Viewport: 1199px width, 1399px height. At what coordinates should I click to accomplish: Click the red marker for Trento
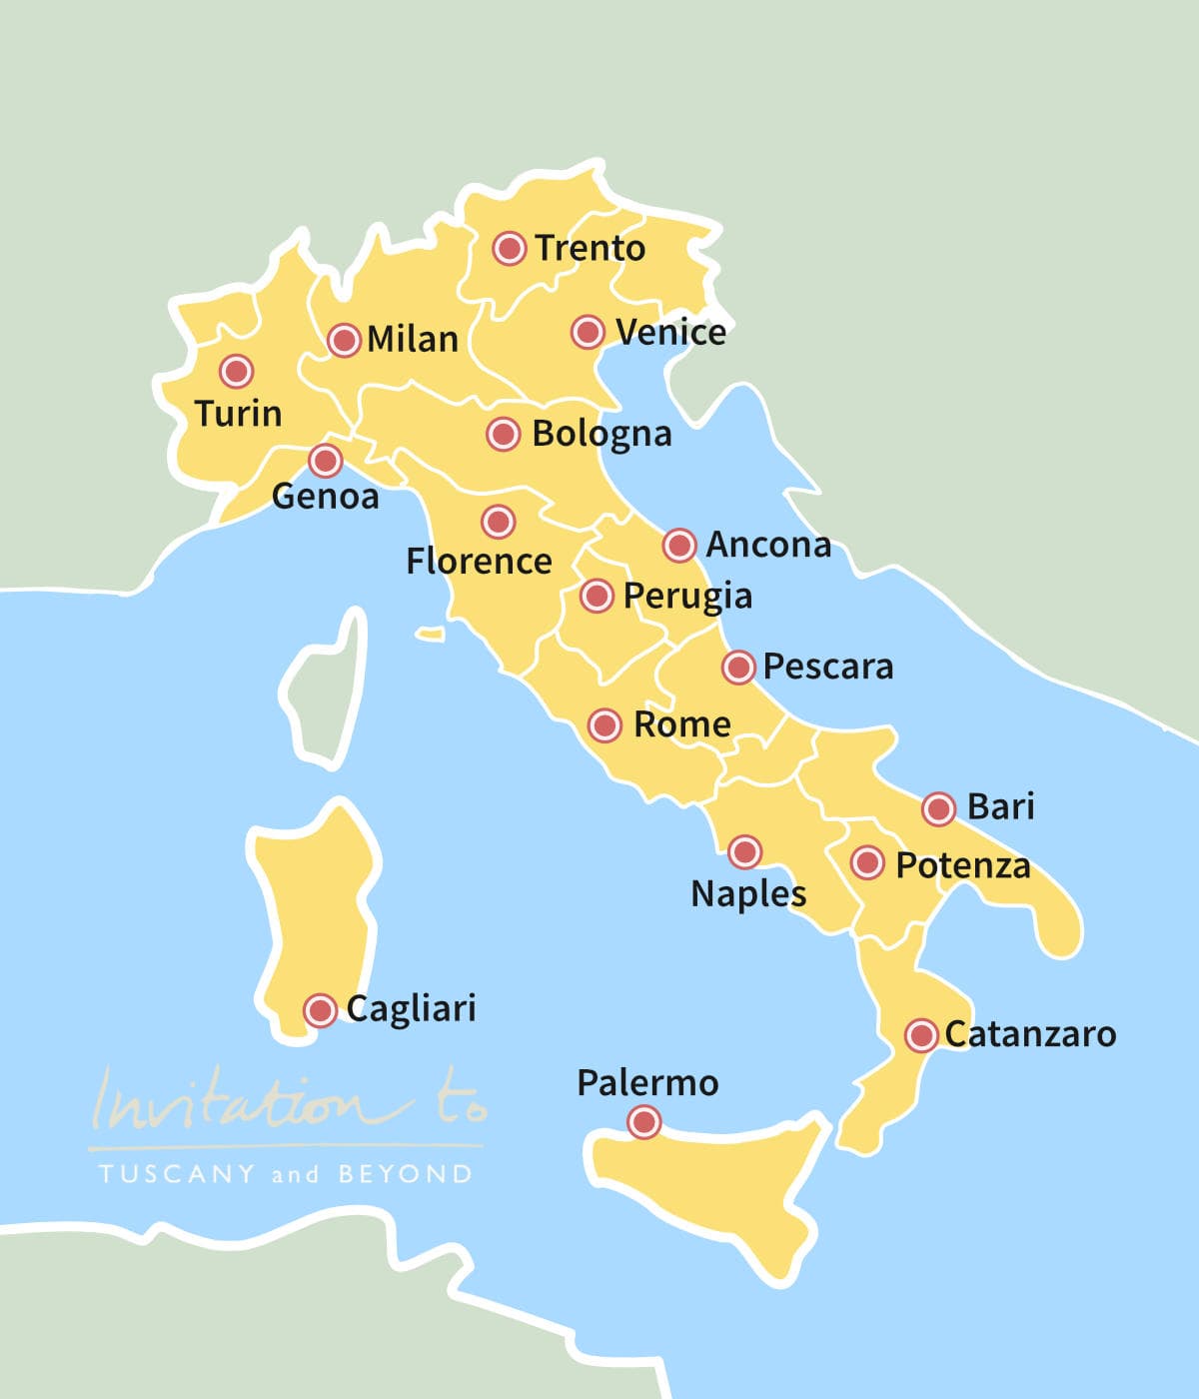510,248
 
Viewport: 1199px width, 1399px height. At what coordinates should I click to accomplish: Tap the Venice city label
670,332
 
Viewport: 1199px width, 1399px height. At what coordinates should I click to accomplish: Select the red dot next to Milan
344,340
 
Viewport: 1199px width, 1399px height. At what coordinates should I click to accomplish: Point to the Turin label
238,413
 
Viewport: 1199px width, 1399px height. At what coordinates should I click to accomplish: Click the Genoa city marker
325,461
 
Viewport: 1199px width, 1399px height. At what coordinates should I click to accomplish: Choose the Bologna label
601,434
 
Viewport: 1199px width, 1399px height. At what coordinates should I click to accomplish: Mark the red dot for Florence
498,521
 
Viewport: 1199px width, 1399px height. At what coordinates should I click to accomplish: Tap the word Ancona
768,545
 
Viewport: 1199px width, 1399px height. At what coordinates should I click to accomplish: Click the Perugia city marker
597,596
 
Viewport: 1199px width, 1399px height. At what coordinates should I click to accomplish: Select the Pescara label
828,667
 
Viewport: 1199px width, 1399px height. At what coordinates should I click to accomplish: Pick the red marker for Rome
604,724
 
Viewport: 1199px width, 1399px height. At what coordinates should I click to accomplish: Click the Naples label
748,892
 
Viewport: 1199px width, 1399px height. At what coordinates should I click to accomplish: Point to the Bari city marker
938,807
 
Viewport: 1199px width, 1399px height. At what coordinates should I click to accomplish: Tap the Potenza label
962,864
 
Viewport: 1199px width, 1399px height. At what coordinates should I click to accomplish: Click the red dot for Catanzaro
921,1035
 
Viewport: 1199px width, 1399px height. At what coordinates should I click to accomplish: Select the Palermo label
647,1082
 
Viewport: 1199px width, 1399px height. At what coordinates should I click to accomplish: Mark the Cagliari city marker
320,1010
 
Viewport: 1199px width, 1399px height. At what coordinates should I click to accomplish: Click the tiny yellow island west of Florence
431,634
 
